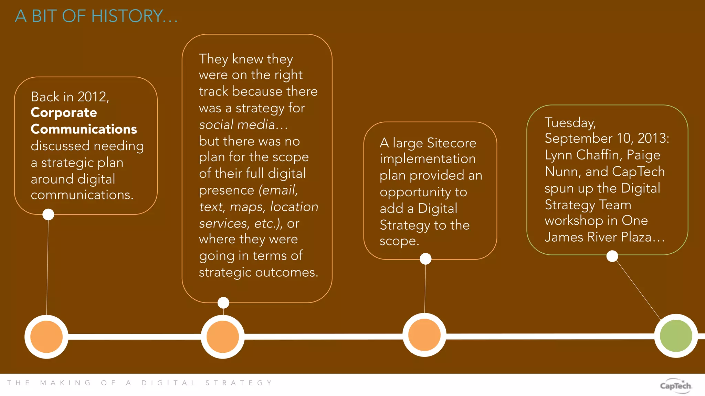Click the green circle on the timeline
click(x=676, y=336)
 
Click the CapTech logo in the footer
click(x=675, y=386)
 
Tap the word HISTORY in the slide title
click(x=127, y=16)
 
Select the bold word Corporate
click(x=64, y=113)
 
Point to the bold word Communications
click(x=84, y=129)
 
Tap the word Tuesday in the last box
click(x=570, y=123)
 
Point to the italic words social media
click(x=237, y=124)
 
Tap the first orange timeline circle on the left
click(x=46, y=337)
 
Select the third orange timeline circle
click(x=424, y=335)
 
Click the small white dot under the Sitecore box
click(x=425, y=259)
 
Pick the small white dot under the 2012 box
click(x=48, y=214)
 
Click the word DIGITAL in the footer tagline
click(x=168, y=383)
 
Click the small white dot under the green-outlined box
click(x=612, y=256)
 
